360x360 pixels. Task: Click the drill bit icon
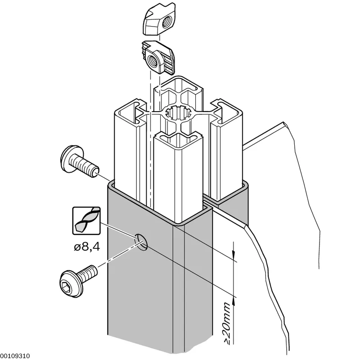click(x=86, y=220)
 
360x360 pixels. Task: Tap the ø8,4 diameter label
click(x=87, y=247)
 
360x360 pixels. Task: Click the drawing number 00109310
click(x=15, y=356)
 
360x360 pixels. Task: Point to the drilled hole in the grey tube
click(x=141, y=242)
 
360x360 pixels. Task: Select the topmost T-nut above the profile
click(x=159, y=19)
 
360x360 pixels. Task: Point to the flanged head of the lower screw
click(x=71, y=284)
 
